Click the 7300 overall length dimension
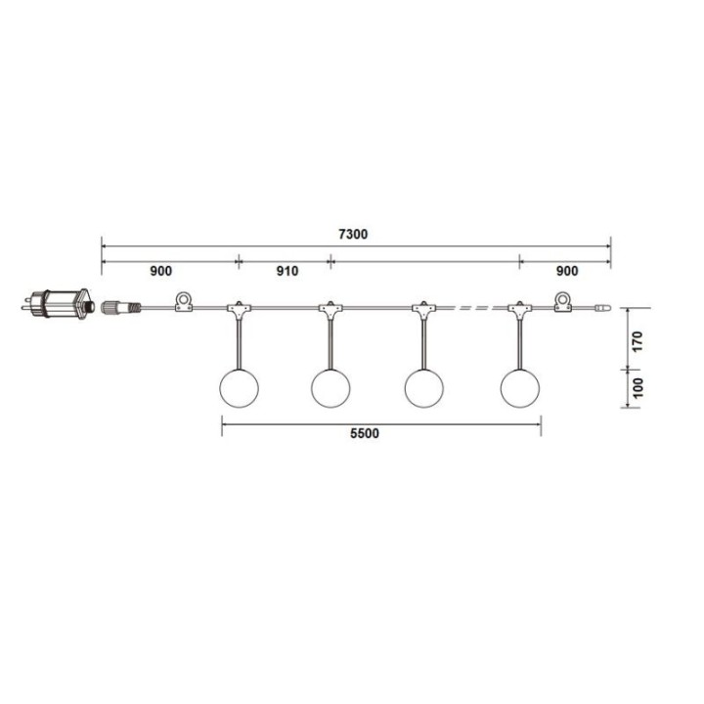point(355,236)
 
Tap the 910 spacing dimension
point(286,271)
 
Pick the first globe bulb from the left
point(237,387)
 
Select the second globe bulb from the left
point(330,387)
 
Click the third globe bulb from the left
point(423,387)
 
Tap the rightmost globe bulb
point(519,387)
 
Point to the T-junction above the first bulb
point(238,310)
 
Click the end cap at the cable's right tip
point(601,309)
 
